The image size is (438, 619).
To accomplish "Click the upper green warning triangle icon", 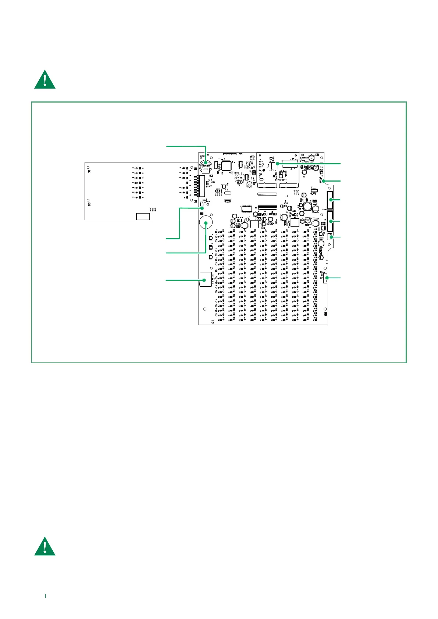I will (x=45, y=80).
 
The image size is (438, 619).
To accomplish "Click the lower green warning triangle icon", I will (x=45, y=547).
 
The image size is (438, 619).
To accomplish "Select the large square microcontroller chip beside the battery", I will (x=226, y=165).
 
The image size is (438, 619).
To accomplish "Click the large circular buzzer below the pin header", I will (x=206, y=222).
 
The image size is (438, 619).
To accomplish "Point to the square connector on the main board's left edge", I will (x=205, y=279).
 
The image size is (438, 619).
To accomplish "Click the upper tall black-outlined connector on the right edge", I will (x=330, y=200).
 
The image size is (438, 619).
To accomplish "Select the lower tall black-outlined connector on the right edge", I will (x=330, y=221).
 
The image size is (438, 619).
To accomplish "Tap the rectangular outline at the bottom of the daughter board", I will (x=143, y=216).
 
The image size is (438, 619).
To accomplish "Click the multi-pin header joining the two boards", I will (x=201, y=186).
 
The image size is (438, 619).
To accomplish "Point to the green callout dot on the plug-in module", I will (x=278, y=163).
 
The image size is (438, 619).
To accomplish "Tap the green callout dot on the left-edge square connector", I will (x=204, y=280).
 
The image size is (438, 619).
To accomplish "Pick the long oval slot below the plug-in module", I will (x=267, y=194).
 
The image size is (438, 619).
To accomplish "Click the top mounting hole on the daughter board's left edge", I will (x=88, y=167).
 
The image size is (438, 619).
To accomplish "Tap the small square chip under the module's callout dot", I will (x=275, y=167).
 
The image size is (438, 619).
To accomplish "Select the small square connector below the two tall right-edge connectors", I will (x=330, y=237).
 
